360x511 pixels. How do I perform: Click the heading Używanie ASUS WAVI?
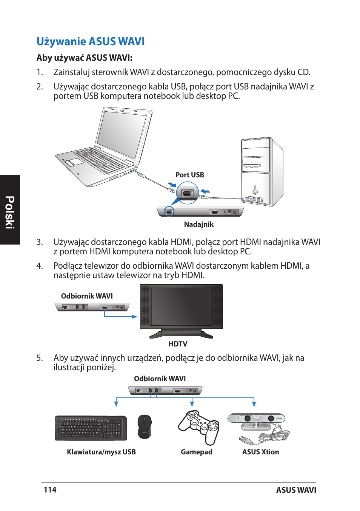[x=91, y=42]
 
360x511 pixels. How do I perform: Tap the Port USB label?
[x=189, y=175]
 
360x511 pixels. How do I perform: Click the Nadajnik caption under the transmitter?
[x=198, y=224]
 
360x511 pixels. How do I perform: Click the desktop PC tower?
[x=261, y=172]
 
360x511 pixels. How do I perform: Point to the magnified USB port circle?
[x=188, y=193]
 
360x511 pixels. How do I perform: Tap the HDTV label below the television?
[x=178, y=344]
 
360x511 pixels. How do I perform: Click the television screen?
[x=181, y=306]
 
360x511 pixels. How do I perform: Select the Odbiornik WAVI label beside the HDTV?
[x=87, y=296]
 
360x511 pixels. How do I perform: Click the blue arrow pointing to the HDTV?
[x=121, y=316]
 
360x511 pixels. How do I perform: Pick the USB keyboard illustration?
[x=91, y=428]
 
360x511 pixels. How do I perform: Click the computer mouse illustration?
[x=144, y=427]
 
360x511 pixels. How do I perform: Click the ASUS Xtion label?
[x=260, y=452]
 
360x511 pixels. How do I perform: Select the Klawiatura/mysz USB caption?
[x=101, y=452]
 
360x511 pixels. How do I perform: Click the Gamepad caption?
[x=196, y=452]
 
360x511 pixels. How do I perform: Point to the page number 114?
[x=50, y=490]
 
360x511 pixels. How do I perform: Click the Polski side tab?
[x=10, y=212]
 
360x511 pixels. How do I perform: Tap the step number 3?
[x=40, y=242]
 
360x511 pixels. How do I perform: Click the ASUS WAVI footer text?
[x=296, y=490]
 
